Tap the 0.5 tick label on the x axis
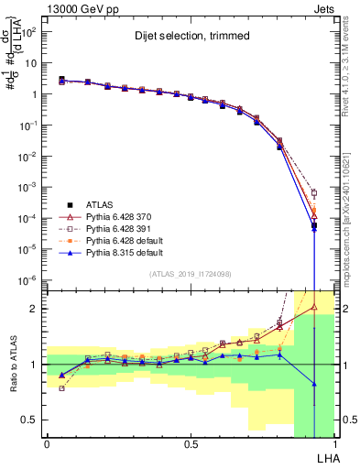tap(190, 443)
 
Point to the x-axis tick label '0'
tap(47, 443)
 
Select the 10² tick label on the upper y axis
tap(29, 31)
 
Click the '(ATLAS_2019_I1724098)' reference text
tap(190, 273)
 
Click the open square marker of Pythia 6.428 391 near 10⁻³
tap(314, 193)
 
